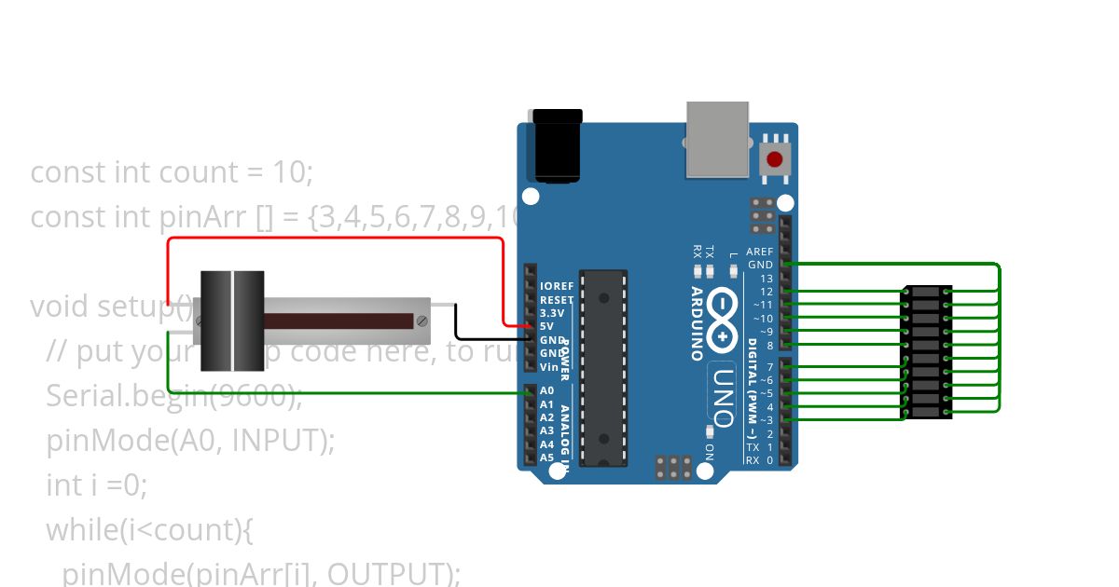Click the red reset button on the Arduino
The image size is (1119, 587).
point(775,158)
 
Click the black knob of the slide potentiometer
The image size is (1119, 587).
point(232,321)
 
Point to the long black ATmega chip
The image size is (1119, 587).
point(603,368)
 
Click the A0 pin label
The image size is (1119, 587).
point(546,391)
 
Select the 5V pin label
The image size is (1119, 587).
point(546,326)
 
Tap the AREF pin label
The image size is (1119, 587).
point(760,252)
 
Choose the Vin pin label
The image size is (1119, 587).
point(548,366)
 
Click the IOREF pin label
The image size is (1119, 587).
point(557,286)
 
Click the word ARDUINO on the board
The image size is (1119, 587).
point(698,322)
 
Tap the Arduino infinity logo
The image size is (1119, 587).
point(728,307)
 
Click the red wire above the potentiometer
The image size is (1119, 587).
point(336,239)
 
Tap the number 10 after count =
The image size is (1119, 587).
point(292,172)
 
